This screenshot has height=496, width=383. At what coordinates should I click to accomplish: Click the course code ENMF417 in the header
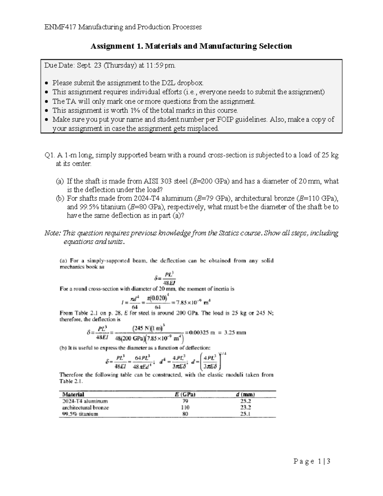[60, 27]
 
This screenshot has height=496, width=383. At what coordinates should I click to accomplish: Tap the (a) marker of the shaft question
[60, 181]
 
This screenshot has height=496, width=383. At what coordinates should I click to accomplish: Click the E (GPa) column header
[185, 394]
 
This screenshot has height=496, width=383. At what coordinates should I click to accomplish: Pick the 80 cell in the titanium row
[185, 414]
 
